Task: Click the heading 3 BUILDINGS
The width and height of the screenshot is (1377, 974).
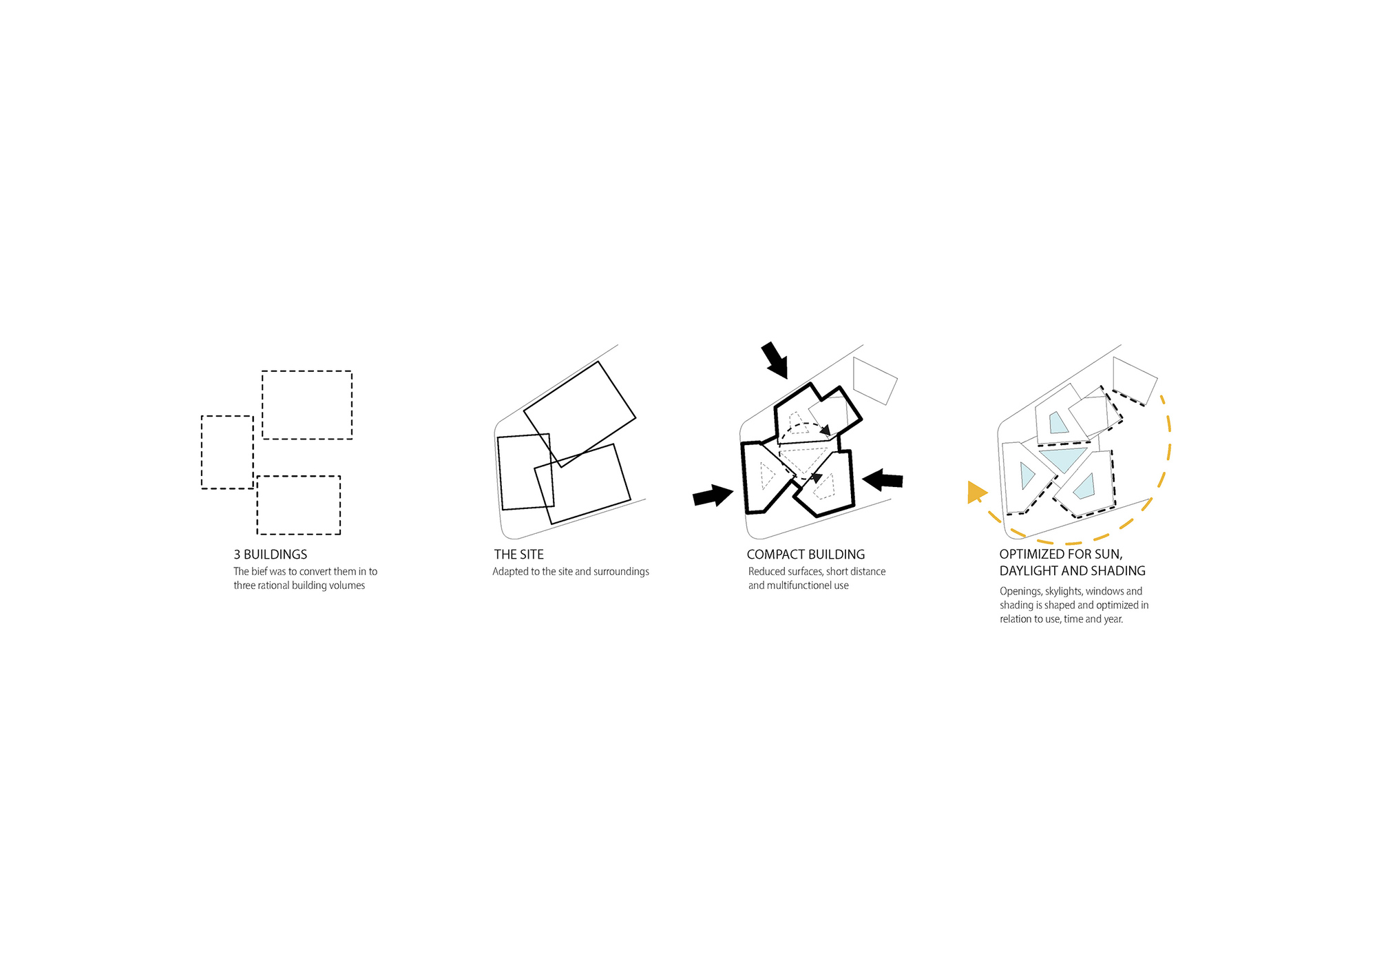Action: [270, 555]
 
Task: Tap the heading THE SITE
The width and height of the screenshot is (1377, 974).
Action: [518, 555]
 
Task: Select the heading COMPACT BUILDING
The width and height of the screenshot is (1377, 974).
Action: [806, 555]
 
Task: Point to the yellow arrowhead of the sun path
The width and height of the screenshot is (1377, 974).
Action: [975, 492]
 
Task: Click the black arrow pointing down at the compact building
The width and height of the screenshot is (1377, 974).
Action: [775, 360]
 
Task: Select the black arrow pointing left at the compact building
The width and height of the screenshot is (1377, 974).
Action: [883, 479]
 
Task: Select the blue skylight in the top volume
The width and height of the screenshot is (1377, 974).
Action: [1058, 423]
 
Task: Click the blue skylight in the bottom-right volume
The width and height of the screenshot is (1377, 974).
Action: [1086, 487]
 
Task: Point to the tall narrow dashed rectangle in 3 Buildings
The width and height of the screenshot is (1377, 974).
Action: [227, 453]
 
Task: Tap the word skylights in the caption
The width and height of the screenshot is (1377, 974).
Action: [1063, 591]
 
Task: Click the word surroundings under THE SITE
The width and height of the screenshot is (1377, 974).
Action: [621, 572]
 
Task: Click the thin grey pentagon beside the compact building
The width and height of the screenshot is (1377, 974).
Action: [874, 380]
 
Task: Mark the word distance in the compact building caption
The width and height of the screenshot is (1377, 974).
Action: [868, 572]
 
